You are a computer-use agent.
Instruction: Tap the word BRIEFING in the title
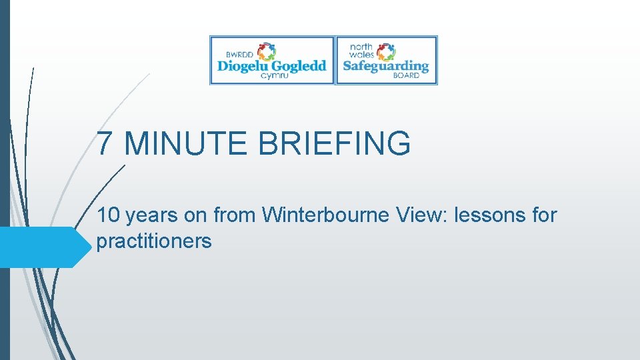(x=334, y=143)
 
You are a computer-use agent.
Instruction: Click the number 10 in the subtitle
(x=108, y=215)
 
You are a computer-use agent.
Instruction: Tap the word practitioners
(x=154, y=241)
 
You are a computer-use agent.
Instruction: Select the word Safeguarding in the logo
(x=385, y=66)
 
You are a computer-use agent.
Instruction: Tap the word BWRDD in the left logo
(x=241, y=53)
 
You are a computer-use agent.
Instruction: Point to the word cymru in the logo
(x=274, y=76)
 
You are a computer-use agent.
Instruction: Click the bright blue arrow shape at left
(x=43, y=247)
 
